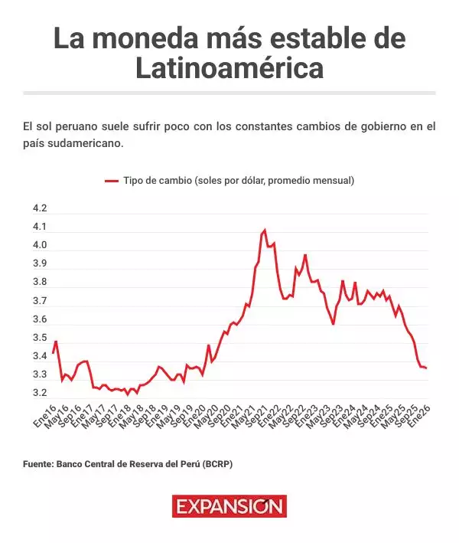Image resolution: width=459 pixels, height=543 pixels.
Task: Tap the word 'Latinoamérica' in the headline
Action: (x=229, y=69)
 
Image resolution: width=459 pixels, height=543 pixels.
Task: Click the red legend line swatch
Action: (x=112, y=181)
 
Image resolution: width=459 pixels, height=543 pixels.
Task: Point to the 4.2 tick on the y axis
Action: (x=39, y=209)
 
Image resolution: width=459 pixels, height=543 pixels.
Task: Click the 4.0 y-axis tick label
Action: (x=39, y=246)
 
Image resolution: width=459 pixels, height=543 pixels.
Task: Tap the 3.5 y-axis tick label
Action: (x=39, y=338)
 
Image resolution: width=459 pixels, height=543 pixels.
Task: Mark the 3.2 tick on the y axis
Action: (x=39, y=393)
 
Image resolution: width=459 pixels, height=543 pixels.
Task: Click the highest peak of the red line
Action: (x=265, y=230)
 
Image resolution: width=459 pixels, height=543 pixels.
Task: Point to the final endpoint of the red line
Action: (x=426, y=368)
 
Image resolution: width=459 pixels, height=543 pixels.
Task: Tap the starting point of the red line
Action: (x=53, y=353)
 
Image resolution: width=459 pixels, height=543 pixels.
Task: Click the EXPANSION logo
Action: (x=229, y=506)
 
